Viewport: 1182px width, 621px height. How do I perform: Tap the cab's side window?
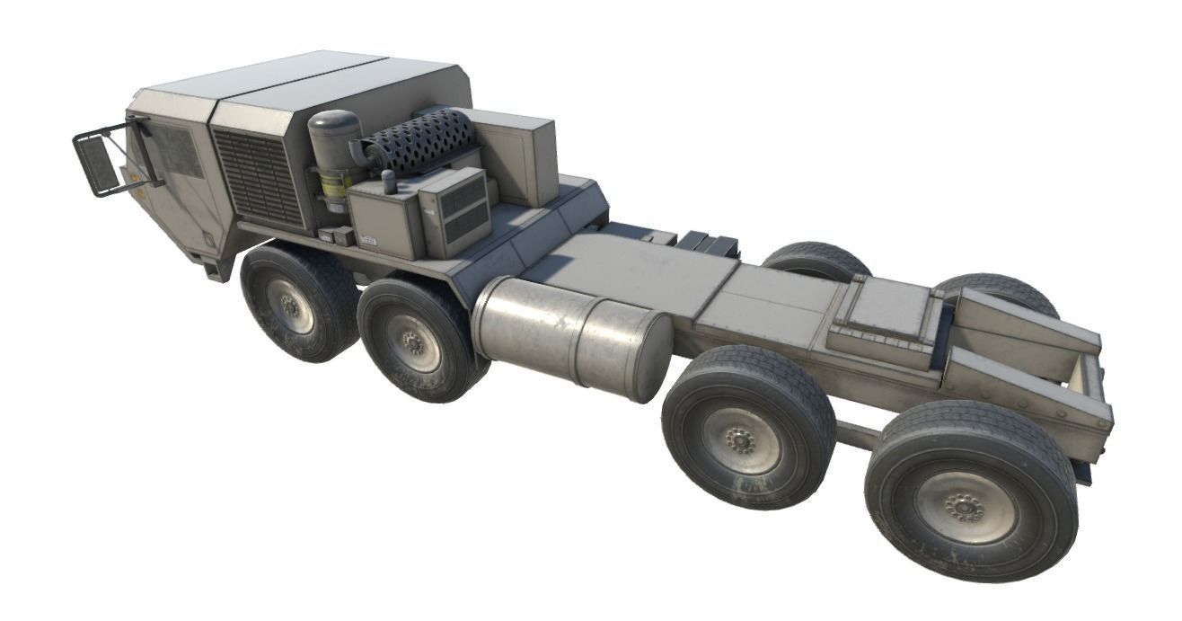(178, 151)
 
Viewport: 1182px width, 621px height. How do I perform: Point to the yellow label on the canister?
(335, 186)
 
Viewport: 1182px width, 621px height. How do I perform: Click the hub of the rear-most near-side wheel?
(965, 508)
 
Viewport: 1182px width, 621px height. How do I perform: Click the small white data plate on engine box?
(368, 240)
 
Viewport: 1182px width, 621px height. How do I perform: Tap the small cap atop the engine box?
(389, 181)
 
